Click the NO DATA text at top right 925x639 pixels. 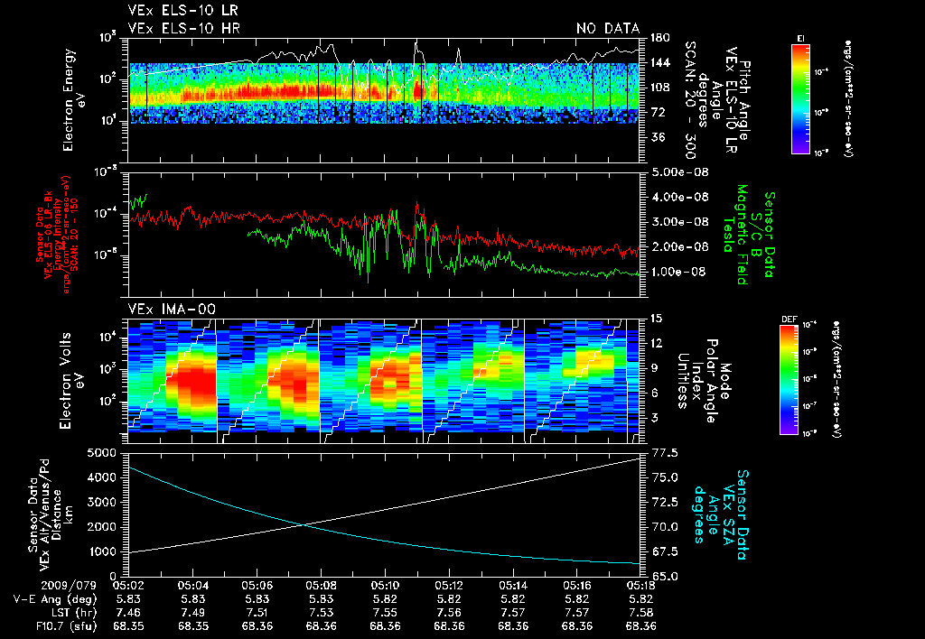[x=608, y=29]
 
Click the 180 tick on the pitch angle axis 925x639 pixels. [x=659, y=37]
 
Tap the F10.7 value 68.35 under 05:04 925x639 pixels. [x=193, y=625]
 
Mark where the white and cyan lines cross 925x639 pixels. [x=300, y=524]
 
